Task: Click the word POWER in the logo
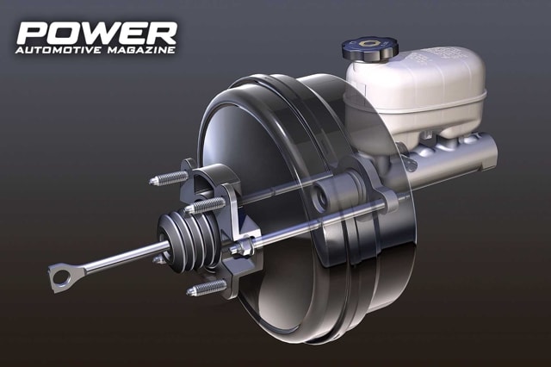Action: click(x=96, y=33)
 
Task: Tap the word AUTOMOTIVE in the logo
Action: click(x=59, y=50)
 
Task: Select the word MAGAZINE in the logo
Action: click(x=141, y=50)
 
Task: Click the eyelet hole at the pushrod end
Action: click(x=61, y=277)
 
